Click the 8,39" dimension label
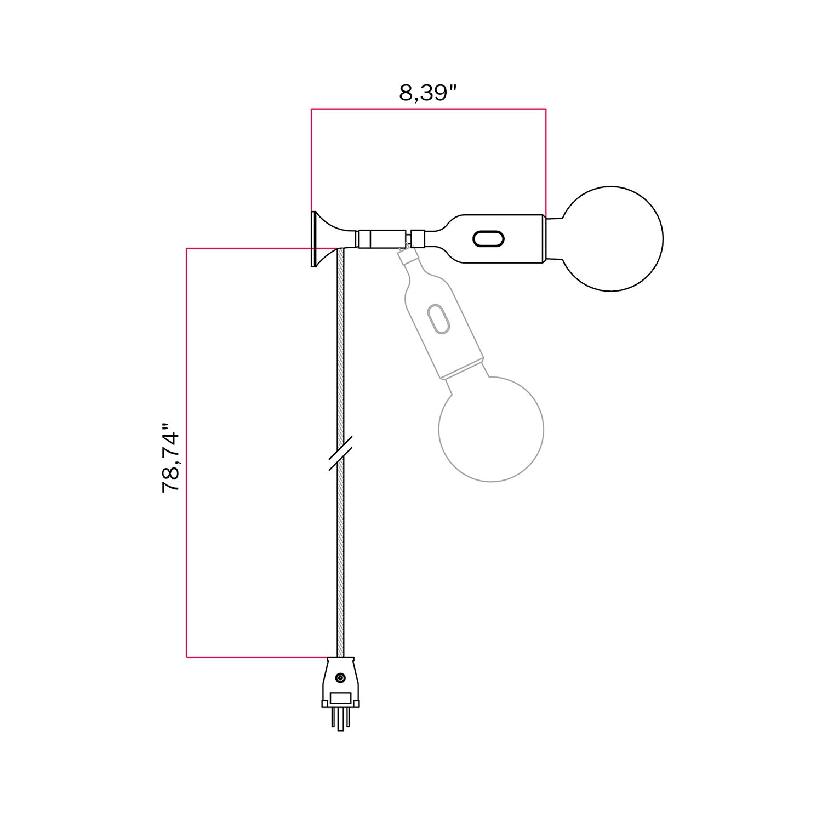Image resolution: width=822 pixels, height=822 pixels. (x=427, y=93)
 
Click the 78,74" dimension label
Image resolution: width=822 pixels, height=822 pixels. (x=171, y=458)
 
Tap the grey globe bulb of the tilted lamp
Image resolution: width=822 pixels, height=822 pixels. (x=491, y=429)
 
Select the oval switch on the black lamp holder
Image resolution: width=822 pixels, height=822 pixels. (x=488, y=239)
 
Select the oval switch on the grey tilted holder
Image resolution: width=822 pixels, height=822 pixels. (x=439, y=318)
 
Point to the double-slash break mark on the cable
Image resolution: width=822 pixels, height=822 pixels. (x=340, y=453)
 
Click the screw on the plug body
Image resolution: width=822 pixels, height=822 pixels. (x=340, y=678)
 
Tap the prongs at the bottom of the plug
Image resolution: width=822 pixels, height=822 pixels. (x=340, y=719)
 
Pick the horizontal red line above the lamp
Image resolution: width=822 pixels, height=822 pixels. (x=427, y=109)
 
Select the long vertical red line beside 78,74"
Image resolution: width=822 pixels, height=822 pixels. (x=187, y=452)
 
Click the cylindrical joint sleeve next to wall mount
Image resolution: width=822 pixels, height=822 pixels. (x=383, y=239)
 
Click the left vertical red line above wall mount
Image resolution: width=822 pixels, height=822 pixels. (x=311, y=159)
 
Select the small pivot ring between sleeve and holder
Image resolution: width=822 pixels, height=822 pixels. (x=418, y=239)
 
